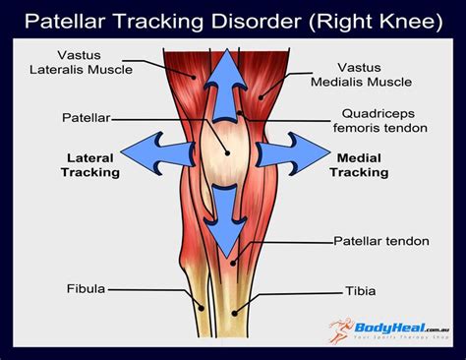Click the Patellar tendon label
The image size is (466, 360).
[x=377, y=240]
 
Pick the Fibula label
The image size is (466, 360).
[x=86, y=289]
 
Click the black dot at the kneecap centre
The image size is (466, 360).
[x=225, y=152]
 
